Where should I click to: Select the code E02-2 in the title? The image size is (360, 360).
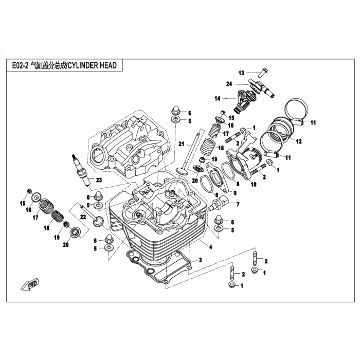[19, 65]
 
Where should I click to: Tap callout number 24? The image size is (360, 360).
[229, 83]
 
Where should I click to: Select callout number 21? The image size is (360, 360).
[181, 144]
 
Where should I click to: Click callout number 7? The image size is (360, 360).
[238, 204]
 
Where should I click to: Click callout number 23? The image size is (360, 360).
[99, 179]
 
